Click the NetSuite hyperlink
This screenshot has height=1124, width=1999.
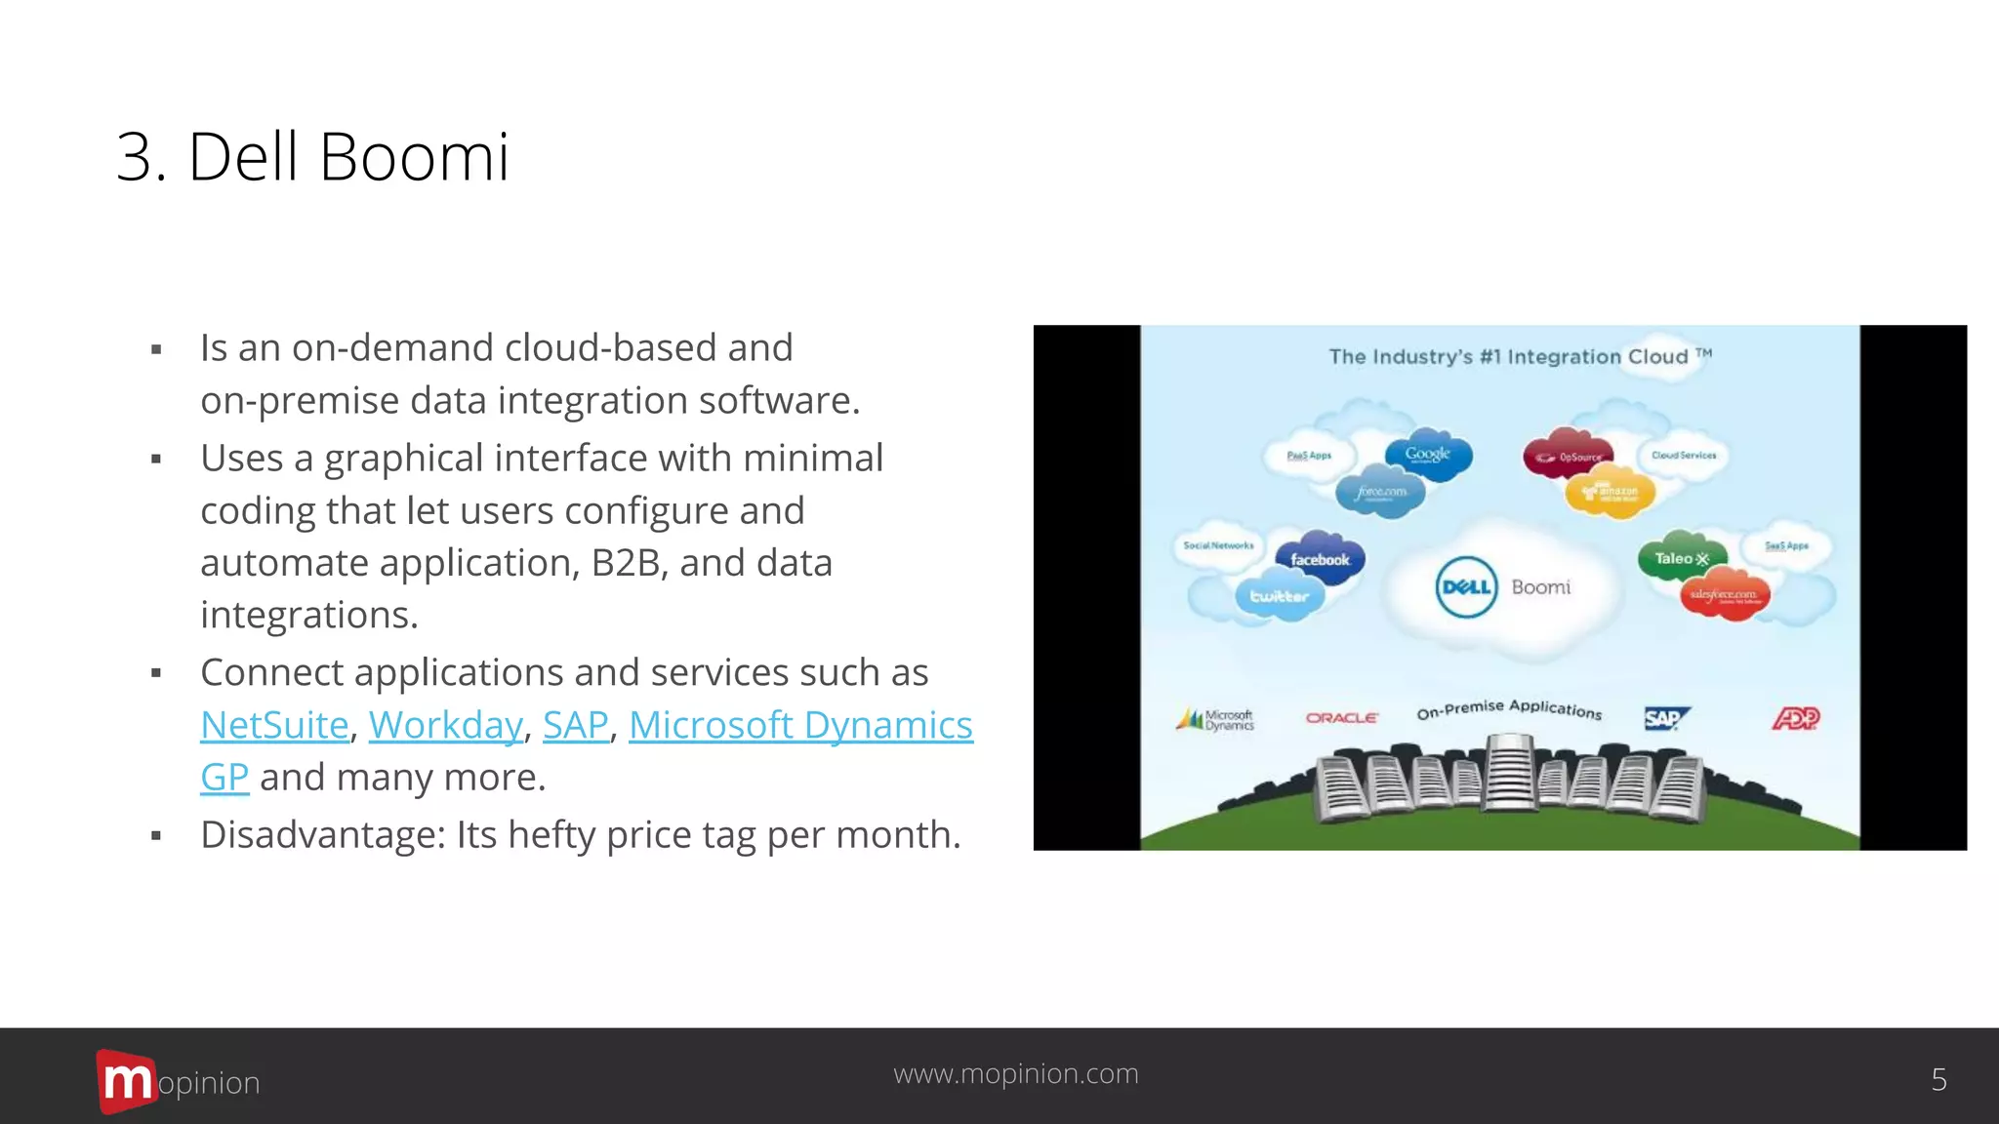click(x=274, y=725)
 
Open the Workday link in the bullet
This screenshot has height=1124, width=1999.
click(x=446, y=725)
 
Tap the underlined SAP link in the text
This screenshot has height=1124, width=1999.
click(x=576, y=725)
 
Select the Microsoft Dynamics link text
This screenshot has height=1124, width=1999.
click(x=800, y=725)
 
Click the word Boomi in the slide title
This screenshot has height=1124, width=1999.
click(x=414, y=156)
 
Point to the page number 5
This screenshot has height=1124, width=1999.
click(x=1938, y=1079)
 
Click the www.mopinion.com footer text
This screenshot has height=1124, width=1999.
click(x=1016, y=1073)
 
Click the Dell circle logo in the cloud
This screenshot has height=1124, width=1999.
click(x=1466, y=587)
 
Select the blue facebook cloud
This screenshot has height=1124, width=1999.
click(x=1320, y=559)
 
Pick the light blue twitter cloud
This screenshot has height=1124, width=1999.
click(x=1280, y=596)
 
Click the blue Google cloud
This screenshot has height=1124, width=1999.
click(x=1428, y=455)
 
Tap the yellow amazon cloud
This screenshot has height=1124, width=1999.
click(x=1611, y=494)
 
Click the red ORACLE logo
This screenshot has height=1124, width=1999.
click(x=1342, y=718)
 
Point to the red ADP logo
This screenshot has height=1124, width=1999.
click(x=1796, y=719)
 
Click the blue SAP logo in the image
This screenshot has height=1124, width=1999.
click(x=1665, y=719)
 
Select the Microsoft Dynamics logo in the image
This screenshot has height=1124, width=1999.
click(x=1216, y=720)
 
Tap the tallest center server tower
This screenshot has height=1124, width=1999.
click(x=1509, y=774)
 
